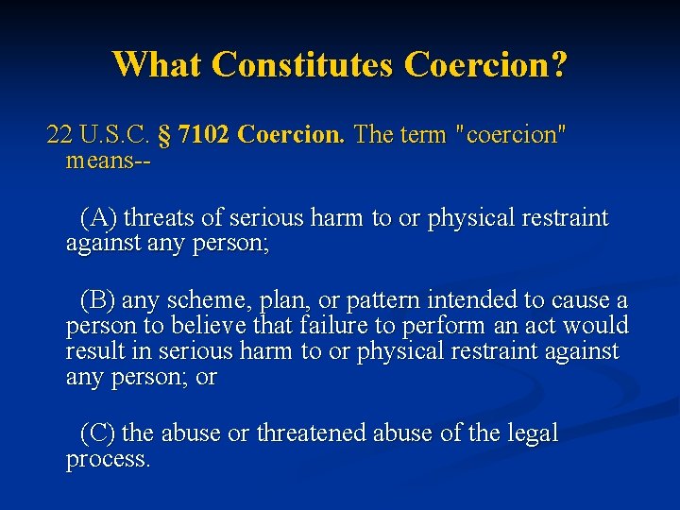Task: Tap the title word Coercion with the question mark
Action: [x=485, y=64]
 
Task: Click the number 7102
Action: [x=204, y=135]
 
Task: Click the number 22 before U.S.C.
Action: [x=59, y=135]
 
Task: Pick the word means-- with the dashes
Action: [x=109, y=161]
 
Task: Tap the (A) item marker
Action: [x=99, y=218]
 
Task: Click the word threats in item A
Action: [x=160, y=218]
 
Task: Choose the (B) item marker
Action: [x=99, y=301]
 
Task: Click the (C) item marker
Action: [x=99, y=433]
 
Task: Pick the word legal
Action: [x=534, y=433]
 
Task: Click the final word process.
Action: [x=108, y=460]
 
